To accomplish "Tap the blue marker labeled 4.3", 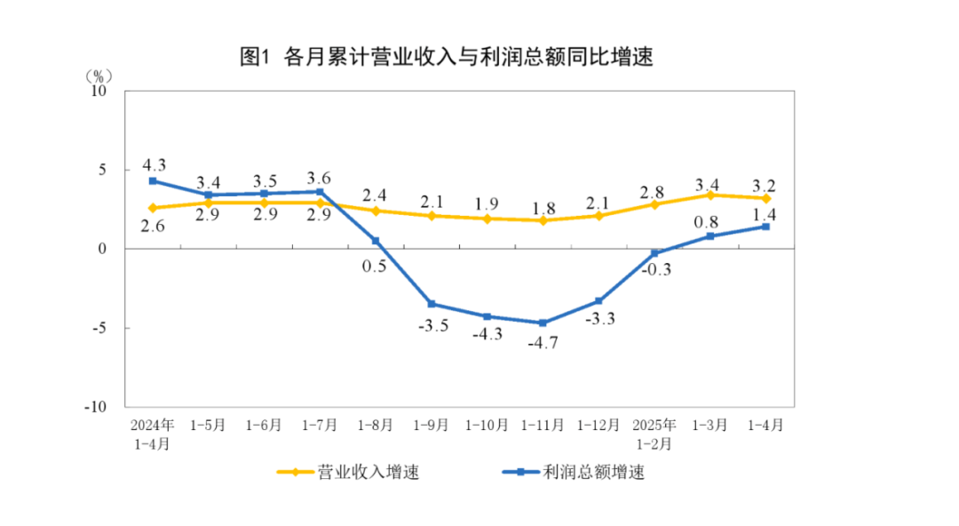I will tap(153, 180).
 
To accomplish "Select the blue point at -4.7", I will tap(543, 323).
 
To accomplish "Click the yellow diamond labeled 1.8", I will tap(543, 220).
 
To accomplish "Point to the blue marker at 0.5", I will tap(376, 241).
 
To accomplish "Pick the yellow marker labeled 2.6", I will tap(153, 208).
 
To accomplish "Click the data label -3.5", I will tap(432, 325).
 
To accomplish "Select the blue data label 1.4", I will tap(765, 213).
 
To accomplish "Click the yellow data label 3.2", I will tap(765, 186).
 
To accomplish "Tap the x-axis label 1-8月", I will tap(376, 425).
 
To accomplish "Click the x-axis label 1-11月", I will tap(543, 425).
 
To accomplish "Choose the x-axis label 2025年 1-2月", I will tap(654, 433).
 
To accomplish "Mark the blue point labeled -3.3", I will tap(598, 301).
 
